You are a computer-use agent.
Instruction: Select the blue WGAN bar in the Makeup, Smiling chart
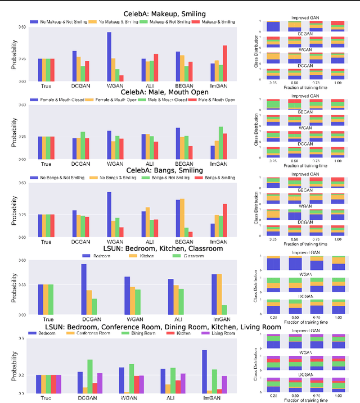click(109, 57)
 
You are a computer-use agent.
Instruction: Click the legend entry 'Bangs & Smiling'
click(217, 178)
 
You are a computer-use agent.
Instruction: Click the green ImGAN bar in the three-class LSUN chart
click(224, 310)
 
